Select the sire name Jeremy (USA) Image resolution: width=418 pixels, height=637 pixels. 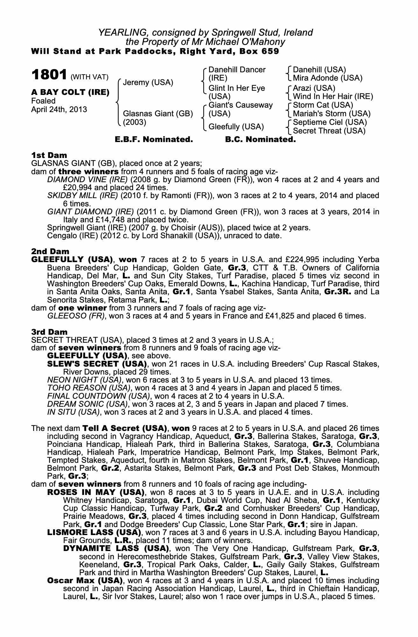[x=148, y=82]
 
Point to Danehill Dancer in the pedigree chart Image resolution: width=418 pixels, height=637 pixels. [x=237, y=70]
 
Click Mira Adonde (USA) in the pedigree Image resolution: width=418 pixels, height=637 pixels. [x=327, y=78]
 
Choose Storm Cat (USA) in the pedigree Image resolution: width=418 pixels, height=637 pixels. [x=323, y=105]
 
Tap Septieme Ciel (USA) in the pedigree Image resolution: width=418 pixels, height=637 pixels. [x=330, y=122]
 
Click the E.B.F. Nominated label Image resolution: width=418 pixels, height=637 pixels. [x=154, y=140]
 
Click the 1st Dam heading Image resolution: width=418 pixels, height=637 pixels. [x=49, y=155]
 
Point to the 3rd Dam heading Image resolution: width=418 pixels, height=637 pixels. [x=49, y=332]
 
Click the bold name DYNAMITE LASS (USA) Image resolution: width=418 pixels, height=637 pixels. [x=116, y=548]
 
